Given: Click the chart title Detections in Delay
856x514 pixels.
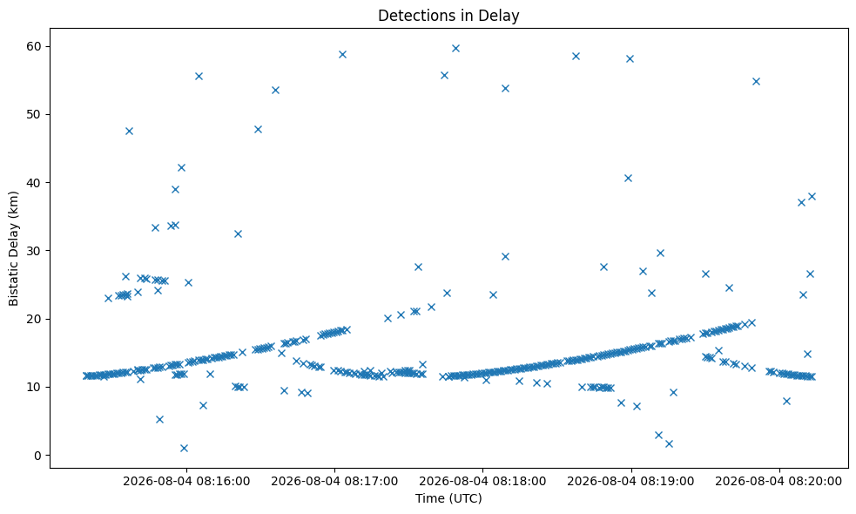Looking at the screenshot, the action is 448,16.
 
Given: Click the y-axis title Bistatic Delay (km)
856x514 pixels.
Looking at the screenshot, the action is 14,248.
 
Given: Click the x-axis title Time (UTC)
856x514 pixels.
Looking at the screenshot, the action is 448,498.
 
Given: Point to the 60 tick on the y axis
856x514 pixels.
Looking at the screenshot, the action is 34,46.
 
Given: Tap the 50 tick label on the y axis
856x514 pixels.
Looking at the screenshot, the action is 34,115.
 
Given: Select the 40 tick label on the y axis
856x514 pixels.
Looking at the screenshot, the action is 34,182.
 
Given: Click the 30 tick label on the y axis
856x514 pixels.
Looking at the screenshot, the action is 34,251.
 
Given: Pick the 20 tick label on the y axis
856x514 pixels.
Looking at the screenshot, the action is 34,319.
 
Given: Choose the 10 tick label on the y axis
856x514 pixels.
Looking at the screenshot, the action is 34,388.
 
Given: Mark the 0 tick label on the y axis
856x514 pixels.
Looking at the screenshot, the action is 37,456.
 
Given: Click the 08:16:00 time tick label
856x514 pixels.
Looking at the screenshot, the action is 186,481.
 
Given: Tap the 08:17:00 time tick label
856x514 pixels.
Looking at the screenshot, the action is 334,481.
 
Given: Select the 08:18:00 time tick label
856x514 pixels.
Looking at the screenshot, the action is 482,481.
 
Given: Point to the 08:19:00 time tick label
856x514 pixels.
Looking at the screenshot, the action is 631,481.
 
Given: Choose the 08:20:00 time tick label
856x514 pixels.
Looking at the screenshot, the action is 779,481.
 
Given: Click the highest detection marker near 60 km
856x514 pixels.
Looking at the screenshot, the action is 455,48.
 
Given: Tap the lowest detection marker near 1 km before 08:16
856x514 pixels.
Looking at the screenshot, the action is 184,448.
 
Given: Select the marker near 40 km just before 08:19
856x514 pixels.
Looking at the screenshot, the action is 628,178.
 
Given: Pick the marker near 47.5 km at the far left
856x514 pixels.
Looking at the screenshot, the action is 130,131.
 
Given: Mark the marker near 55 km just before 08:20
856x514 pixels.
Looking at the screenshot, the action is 756,81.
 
